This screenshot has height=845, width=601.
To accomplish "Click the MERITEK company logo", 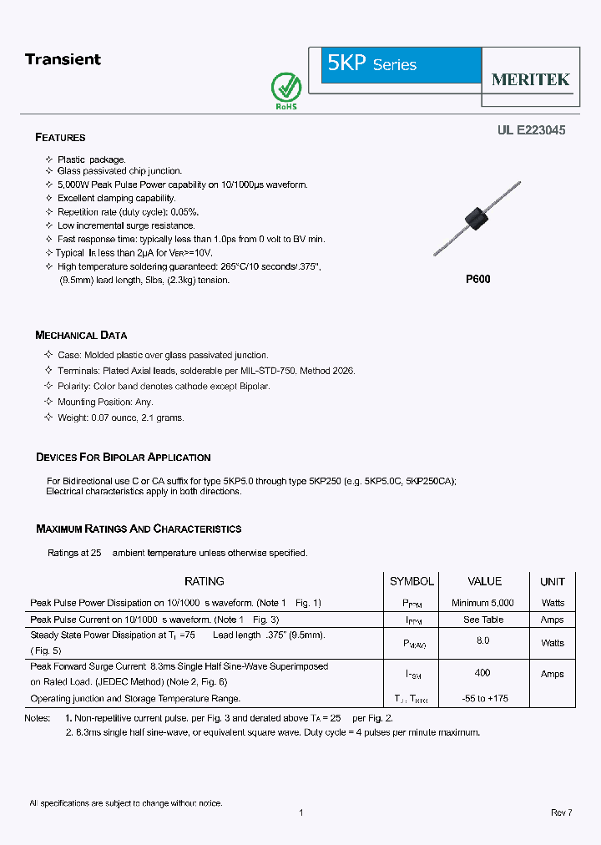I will (x=530, y=79).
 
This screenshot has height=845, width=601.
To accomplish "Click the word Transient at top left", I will (x=63, y=59).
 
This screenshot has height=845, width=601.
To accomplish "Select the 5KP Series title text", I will (x=371, y=64).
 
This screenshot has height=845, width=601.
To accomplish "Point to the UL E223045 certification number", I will (x=531, y=130).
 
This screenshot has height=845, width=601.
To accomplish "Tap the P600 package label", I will (x=477, y=280).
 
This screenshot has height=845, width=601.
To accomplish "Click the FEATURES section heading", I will (x=60, y=138).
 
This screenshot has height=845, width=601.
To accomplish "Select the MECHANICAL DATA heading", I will (x=81, y=336).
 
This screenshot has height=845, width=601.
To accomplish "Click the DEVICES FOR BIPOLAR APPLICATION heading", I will (x=123, y=458).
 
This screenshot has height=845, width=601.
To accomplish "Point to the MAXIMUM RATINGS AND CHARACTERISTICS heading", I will (x=139, y=529).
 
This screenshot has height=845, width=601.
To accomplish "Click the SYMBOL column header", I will (x=412, y=581).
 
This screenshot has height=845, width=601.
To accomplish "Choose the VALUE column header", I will (x=484, y=581).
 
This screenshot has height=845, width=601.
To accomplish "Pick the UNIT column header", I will (x=552, y=582).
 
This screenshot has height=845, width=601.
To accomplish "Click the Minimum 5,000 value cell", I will (x=482, y=603).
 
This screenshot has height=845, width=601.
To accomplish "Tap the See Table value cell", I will (x=483, y=620).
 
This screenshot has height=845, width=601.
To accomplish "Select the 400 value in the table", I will (x=482, y=673).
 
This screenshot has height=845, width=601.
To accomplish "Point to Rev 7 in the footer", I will (x=561, y=813).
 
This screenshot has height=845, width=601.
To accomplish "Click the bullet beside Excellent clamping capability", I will (x=48, y=199).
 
